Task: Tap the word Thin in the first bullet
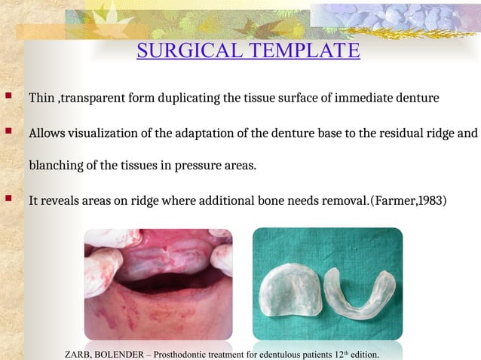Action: click(41, 99)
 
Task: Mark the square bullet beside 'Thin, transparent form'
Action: click(8, 97)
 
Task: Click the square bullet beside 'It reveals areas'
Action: click(8, 200)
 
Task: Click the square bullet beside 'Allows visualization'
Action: click(8, 133)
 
